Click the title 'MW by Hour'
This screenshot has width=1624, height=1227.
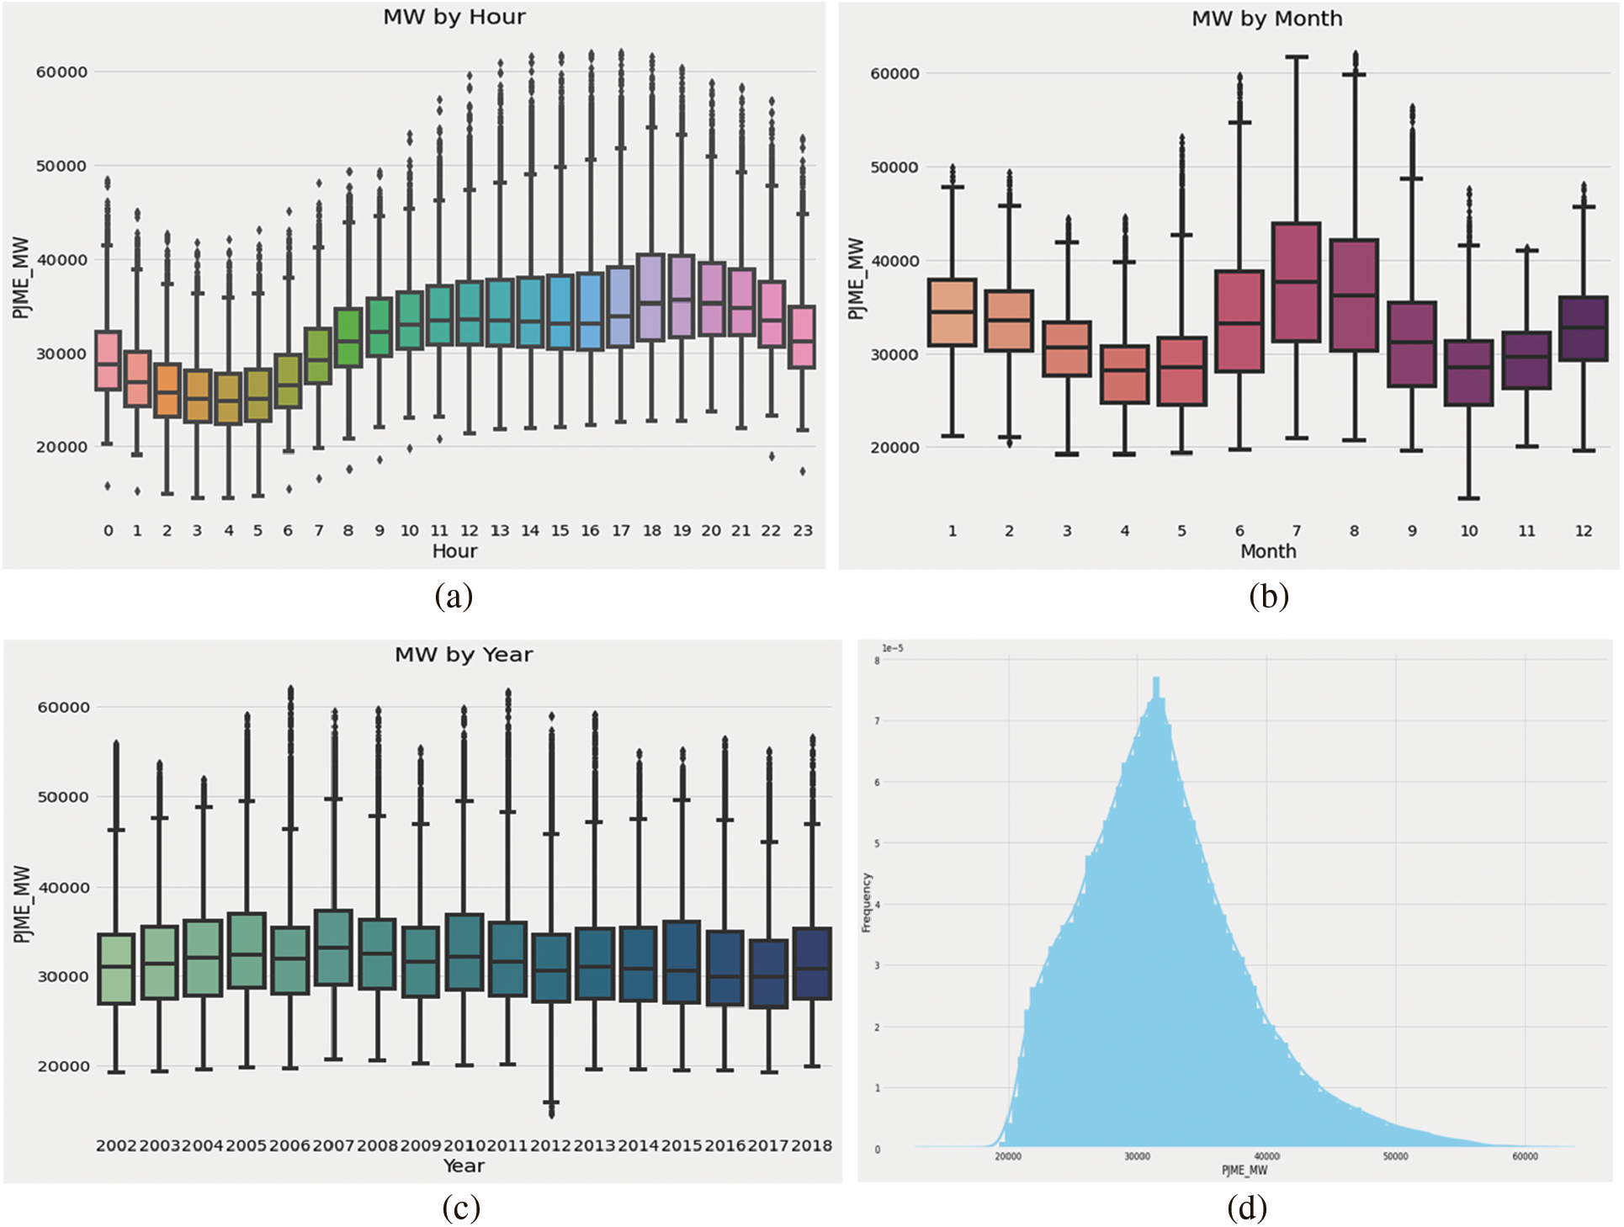coord(454,17)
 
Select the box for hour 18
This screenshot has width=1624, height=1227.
coord(651,297)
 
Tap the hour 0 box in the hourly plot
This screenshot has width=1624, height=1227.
coord(108,360)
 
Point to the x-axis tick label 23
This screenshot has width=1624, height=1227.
coord(803,531)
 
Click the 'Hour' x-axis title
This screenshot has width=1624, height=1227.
coord(454,551)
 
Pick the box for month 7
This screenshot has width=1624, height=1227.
coord(1296,282)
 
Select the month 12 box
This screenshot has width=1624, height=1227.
coord(1583,328)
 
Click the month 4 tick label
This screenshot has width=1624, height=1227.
coord(1124,531)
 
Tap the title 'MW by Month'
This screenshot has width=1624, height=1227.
coord(1266,19)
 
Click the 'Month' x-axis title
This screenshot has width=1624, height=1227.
coord(1268,551)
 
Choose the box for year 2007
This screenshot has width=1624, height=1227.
coord(333,947)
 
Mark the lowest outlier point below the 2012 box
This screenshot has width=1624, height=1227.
coord(552,1115)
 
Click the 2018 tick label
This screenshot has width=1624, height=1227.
coord(811,1145)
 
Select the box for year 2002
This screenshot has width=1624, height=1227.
coord(116,968)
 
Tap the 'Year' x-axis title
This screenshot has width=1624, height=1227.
coord(464,1166)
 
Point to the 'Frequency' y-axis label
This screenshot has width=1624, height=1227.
coord(866,902)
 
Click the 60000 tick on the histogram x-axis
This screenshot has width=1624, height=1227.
coord(1525,1156)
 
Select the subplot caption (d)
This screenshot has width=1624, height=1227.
coord(1246,1208)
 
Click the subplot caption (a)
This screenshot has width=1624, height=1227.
coord(454,597)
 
